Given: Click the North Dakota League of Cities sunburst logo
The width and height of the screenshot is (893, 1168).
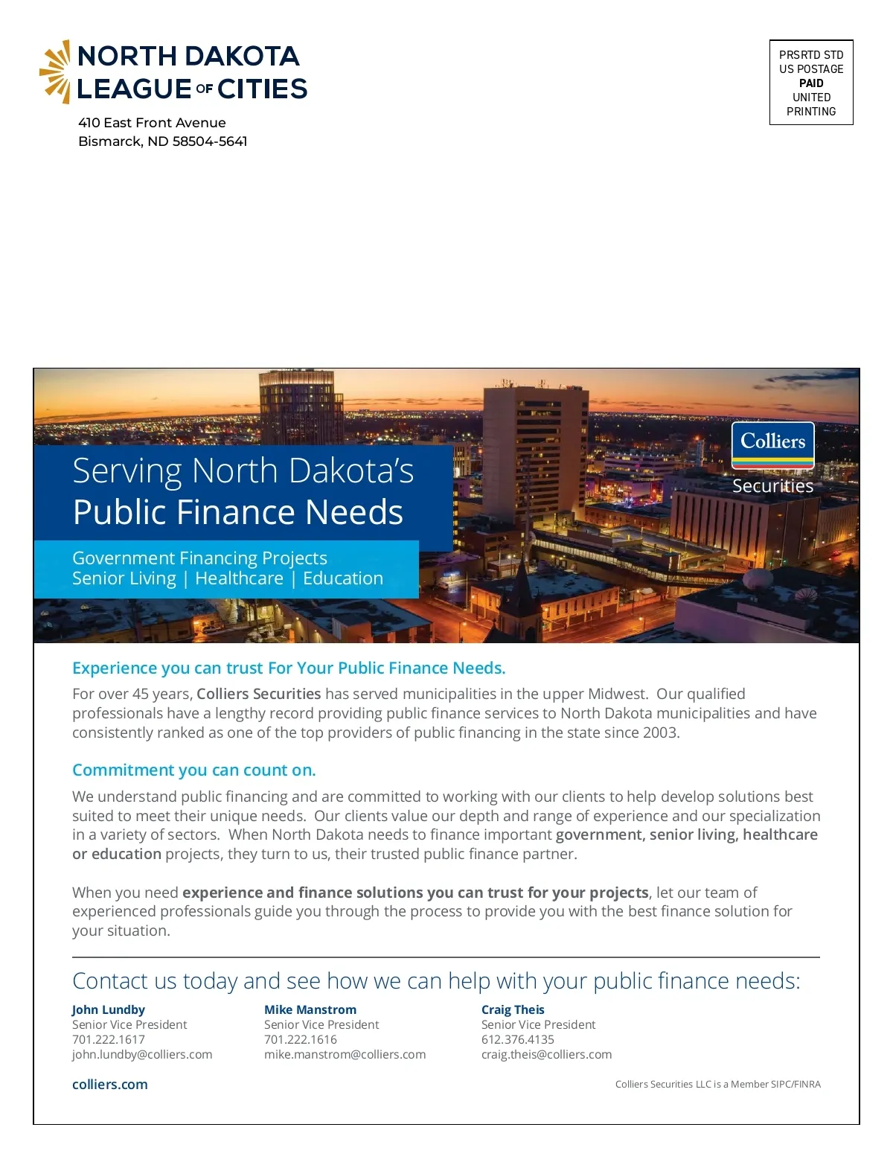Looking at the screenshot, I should click(x=55, y=71).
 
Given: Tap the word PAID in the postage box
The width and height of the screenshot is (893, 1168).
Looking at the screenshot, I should click(x=811, y=83).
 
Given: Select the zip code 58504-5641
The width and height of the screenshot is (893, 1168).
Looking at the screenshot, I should click(x=210, y=141).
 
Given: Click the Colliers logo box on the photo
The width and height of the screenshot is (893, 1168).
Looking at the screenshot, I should click(x=772, y=445).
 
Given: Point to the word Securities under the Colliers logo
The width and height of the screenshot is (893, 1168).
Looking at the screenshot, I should click(x=772, y=486).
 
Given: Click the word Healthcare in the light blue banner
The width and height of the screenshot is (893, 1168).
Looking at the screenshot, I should click(x=239, y=578).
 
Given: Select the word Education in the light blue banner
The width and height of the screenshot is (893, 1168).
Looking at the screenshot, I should click(x=343, y=578).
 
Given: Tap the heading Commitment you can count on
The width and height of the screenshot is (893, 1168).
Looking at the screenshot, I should click(x=194, y=770).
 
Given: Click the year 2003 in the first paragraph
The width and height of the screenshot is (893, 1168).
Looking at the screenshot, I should click(x=661, y=733).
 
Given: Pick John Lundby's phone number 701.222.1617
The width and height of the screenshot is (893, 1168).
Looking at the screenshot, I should click(x=109, y=1039).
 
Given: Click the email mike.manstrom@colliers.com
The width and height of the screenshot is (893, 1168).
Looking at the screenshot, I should click(x=345, y=1054).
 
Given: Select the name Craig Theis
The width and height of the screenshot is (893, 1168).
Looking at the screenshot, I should click(x=513, y=1009).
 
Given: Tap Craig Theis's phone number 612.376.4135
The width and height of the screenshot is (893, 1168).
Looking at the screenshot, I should click(x=518, y=1039).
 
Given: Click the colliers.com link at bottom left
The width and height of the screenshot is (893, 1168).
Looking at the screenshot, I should click(x=110, y=1085).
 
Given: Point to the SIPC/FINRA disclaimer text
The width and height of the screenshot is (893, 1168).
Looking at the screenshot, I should click(x=717, y=1085).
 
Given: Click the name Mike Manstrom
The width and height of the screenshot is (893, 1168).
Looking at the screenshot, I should click(x=310, y=1009).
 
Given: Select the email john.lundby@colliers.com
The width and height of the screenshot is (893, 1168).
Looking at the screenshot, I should click(x=142, y=1054).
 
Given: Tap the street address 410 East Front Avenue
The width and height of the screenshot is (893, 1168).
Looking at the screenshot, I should click(x=152, y=123).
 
